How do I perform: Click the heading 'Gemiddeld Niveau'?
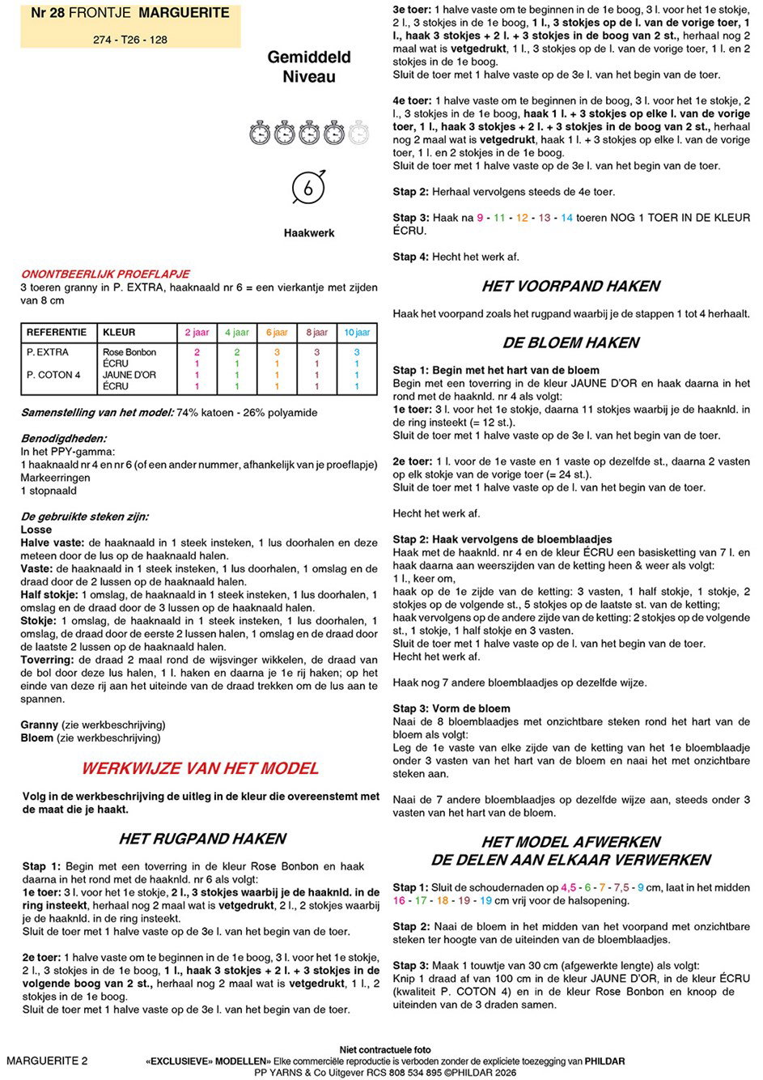point(309,67)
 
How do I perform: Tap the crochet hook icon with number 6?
point(308,187)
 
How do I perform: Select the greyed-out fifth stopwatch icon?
point(359,132)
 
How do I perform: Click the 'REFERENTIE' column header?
point(57,332)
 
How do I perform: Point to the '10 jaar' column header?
point(357,332)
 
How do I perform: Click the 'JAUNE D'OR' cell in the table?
point(129,375)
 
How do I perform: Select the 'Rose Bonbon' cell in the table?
point(129,352)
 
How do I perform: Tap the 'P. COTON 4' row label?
point(53,375)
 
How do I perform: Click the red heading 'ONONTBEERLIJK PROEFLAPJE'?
point(105,274)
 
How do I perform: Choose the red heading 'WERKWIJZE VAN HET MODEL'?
point(200,768)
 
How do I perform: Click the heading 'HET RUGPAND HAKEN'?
point(202,839)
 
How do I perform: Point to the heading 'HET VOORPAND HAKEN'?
point(570,286)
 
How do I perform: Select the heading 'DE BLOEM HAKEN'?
point(570,342)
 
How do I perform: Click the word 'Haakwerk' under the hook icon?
point(309,233)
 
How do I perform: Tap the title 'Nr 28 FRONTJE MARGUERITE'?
point(129,13)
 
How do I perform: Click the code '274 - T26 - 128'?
point(130,39)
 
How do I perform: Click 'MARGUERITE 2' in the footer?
point(47,1061)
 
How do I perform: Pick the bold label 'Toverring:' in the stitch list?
point(48,660)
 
